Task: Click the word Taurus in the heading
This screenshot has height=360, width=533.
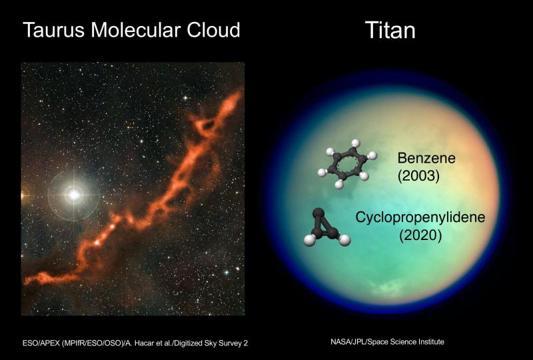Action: (x=53, y=29)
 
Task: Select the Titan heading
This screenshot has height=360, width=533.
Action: (x=390, y=30)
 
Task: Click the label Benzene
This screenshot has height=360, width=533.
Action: (x=426, y=158)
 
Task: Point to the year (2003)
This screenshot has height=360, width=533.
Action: (x=418, y=176)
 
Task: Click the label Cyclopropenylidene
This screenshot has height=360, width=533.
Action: (x=420, y=217)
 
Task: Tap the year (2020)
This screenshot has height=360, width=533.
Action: (x=420, y=235)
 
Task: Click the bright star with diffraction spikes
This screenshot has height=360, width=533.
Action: (x=74, y=195)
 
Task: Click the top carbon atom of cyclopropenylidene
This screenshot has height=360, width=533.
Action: (x=318, y=213)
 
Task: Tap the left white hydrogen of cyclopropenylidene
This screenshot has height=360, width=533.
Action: (x=309, y=240)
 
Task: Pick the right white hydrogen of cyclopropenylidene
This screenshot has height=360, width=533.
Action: (x=344, y=240)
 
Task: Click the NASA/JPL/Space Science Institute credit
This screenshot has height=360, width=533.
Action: (x=387, y=341)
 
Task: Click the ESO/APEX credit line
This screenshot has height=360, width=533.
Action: (x=135, y=343)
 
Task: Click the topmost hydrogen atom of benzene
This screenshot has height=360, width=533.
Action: (x=356, y=143)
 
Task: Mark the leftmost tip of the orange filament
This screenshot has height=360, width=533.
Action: (x=24, y=282)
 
